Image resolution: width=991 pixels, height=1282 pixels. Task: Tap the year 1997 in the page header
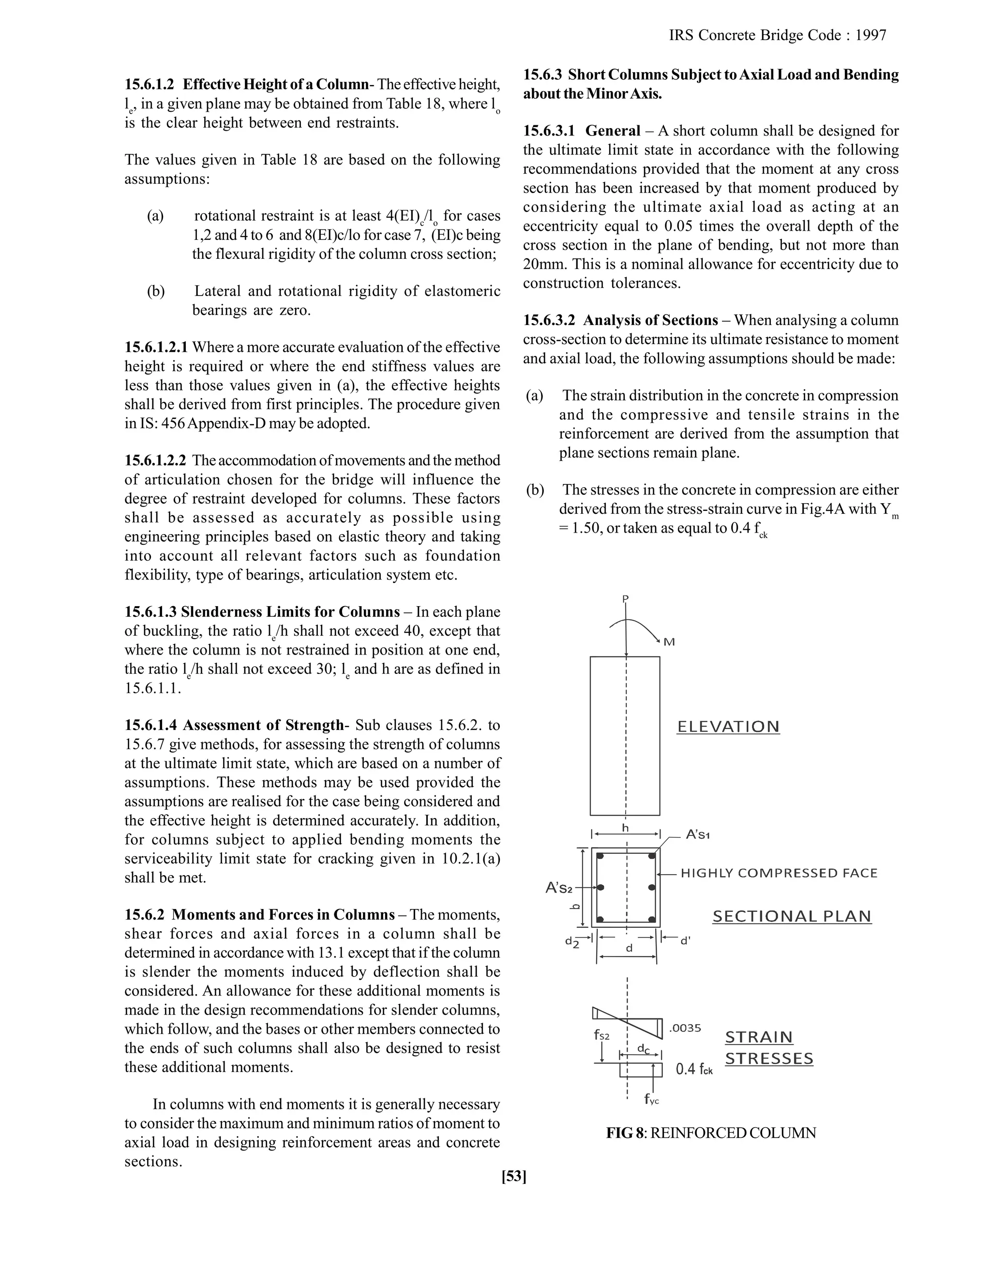pyautogui.click(x=871, y=35)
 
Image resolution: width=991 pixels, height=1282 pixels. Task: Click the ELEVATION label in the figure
pyautogui.click(x=728, y=727)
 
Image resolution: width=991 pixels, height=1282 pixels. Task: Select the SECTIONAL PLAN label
pyautogui.click(x=791, y=916)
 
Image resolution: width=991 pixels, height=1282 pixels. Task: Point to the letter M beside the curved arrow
pyautogui.click(x=669, y=642)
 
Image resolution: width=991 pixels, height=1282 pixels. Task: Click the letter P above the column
pyautogui.click(x=625, y=599)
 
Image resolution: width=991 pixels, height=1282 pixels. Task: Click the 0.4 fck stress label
pyautogui.click(x=694, y=1069)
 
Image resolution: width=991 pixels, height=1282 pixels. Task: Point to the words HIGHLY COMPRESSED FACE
pyautogui.click(x=779, y=873)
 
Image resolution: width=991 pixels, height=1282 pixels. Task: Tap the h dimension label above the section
pyautogui.click(x=625, y=828)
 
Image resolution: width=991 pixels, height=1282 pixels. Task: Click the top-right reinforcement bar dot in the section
pyautogui.click(x=652, y=856)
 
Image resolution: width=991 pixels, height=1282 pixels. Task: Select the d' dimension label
pyautogui.click(x=685, y=941)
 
